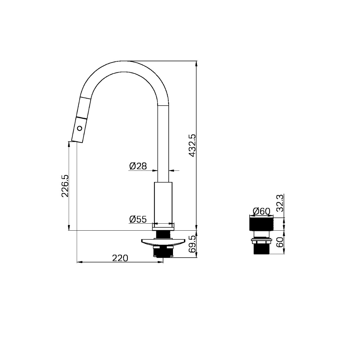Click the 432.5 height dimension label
pyautogui.click(x=192, y=145)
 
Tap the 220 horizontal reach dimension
pyautogui.click(x=120, y=258)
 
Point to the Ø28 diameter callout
pyautogui.click(x=138, y=166)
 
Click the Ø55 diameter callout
pyautogui.click(x=138, y=219)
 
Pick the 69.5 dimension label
pyautogui.click(x=192, y=245)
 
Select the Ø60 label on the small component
pyautogui.click(x=261, y=211)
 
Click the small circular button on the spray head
pyautogui.click(x=79, y=128)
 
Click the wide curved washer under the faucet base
pyautogui.click(x=163, y=242)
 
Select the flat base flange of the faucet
pyautogui.click(x=163, y=227)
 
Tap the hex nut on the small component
pyautogui.click(x=262, y=241)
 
